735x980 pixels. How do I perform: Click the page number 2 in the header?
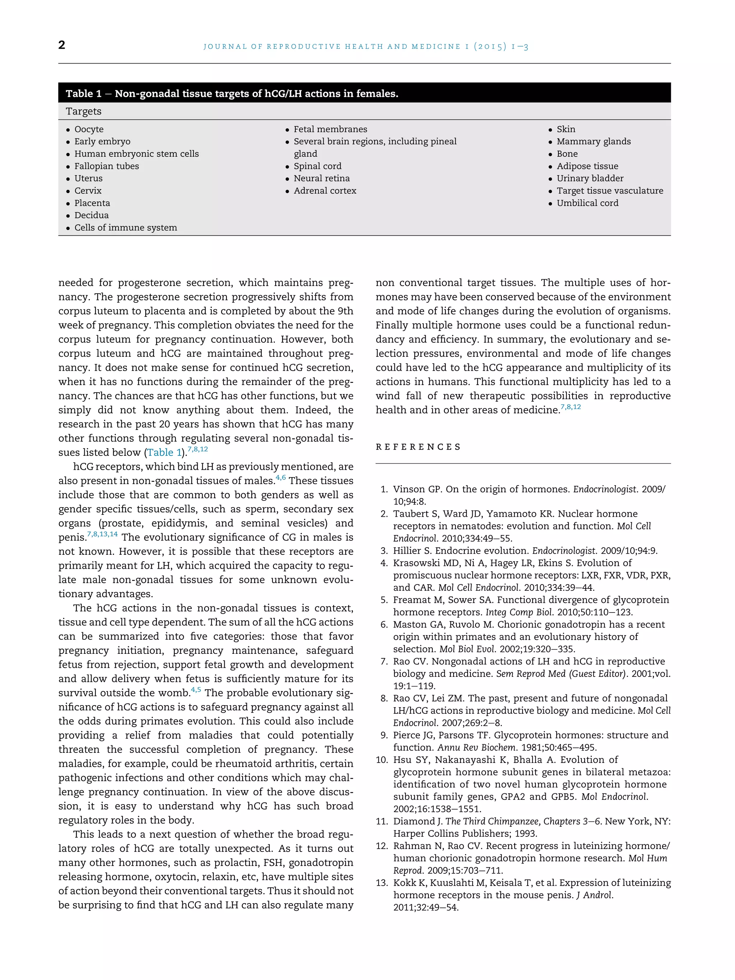tap(62, 45)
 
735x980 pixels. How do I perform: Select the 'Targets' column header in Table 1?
tap(83, 111)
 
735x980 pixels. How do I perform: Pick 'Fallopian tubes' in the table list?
tap(106, 166)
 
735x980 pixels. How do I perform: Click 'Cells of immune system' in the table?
tap(125, 228)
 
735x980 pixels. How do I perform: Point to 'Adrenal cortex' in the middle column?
tap(325, 191)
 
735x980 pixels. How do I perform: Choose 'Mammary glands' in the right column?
tap(593, 141)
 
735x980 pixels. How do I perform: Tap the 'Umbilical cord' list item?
tap(587, 203)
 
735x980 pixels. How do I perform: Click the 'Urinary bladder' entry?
tap(590, 178)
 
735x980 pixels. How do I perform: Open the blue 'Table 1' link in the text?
tap(164, 453)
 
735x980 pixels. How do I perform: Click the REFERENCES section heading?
tap(418, 447)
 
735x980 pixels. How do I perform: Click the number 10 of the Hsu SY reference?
tap(382, 760)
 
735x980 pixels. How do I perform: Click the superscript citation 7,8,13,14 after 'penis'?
tap(102, 534)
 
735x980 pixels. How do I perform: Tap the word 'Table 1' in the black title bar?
tap(83, 94)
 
